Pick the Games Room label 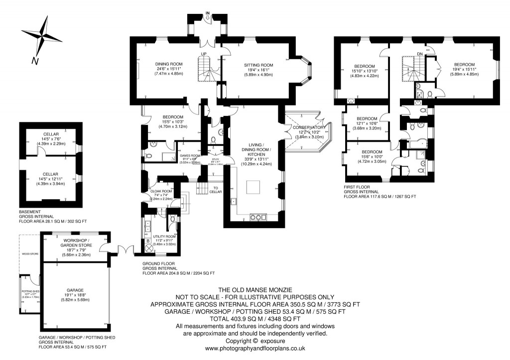(x=190, y=155)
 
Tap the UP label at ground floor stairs (x=203, y=54)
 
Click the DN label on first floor (x=420, y=53)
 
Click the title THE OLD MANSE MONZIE (x=255, y=289)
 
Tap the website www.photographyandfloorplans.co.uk (x=255, y=349)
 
